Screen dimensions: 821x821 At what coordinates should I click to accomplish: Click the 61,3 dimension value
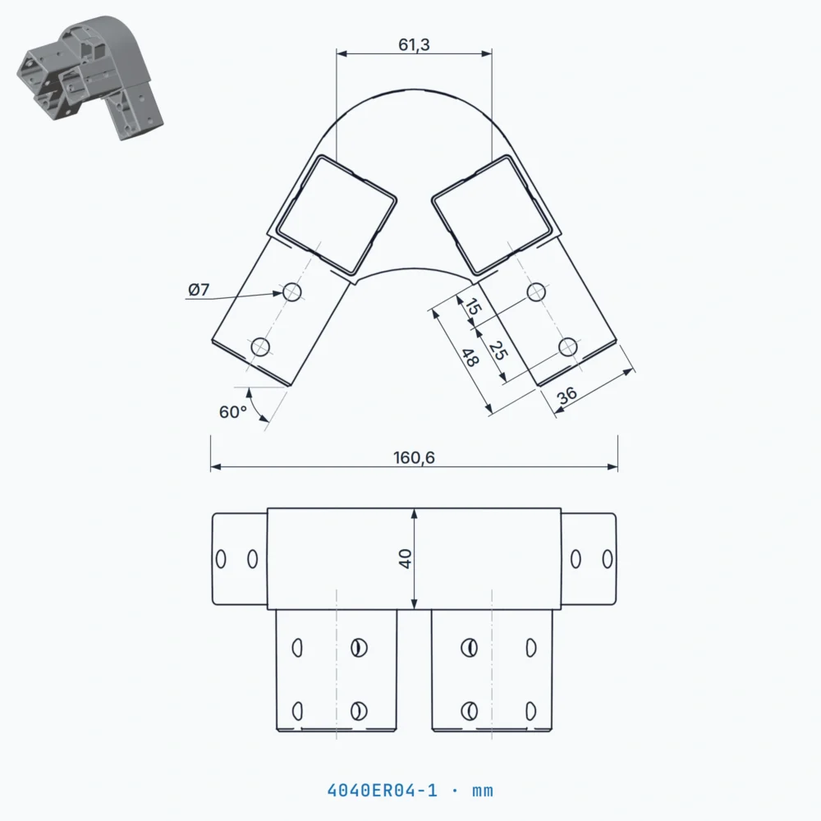(x=414, y=45)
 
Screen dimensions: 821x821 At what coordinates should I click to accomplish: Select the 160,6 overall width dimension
(x=414, y=457)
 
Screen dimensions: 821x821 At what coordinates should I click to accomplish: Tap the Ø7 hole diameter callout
(x=199, y=290)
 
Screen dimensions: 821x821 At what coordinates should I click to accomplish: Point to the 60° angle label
(x=232, y=412)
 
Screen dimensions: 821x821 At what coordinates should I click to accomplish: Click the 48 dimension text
(x=470, y=358)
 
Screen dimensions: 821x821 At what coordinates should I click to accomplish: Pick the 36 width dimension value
(x=567, y=395)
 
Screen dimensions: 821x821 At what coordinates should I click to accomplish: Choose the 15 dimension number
(x=473, y=307)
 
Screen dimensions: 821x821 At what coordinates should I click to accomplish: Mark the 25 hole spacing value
(x=498, y=351)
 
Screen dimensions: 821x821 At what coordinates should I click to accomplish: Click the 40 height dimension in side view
(x=406, y=558)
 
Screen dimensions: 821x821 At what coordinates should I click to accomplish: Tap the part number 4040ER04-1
(x=383, y=790)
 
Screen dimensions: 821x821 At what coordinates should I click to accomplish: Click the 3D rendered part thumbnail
(x=90, y=77)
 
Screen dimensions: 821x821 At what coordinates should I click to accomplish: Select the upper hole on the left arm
(x=291, y=292)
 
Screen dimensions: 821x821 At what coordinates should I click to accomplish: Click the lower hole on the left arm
(x=260, y=346)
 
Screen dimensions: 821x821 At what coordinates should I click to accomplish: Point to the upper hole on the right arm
(x=536, y=292)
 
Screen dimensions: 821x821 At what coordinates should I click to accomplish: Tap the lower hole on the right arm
(x=567, y=346)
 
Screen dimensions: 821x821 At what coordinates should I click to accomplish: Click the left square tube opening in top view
(x=336, y=214)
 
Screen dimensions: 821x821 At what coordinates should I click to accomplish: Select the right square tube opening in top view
(x=492, y=214)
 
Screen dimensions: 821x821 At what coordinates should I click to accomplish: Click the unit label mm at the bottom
(x=483, y=791)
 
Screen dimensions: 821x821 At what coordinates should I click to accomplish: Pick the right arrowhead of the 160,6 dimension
(x=612, y=466)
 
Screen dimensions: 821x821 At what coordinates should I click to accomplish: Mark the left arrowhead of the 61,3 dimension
(x=342, y=53)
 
